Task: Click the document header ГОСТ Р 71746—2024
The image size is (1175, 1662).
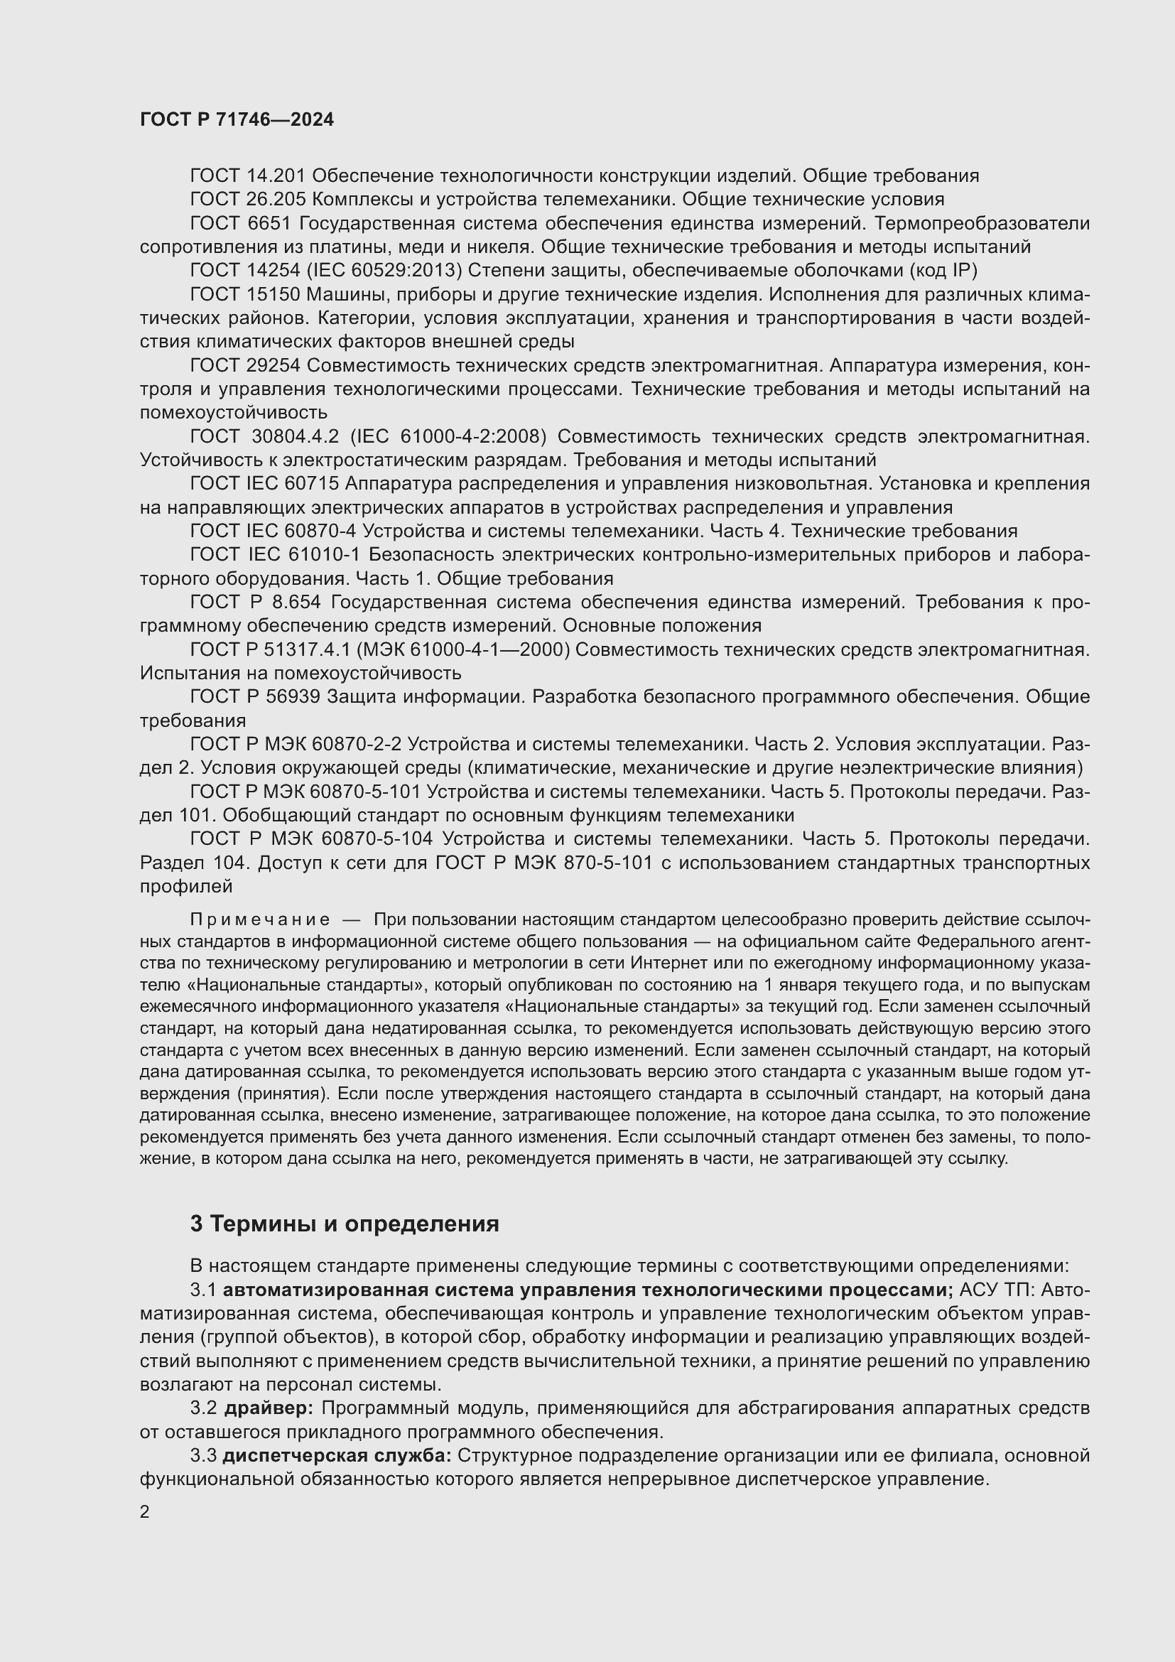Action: click(237, 119)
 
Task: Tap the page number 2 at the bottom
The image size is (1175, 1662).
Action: click(145, 1511)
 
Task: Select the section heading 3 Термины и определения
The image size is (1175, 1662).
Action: click(345, 1224)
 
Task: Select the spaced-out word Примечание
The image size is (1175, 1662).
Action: click(260, 919)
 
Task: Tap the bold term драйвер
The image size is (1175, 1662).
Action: click(268, 1408)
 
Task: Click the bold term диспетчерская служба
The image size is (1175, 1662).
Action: click(337, 1455)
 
